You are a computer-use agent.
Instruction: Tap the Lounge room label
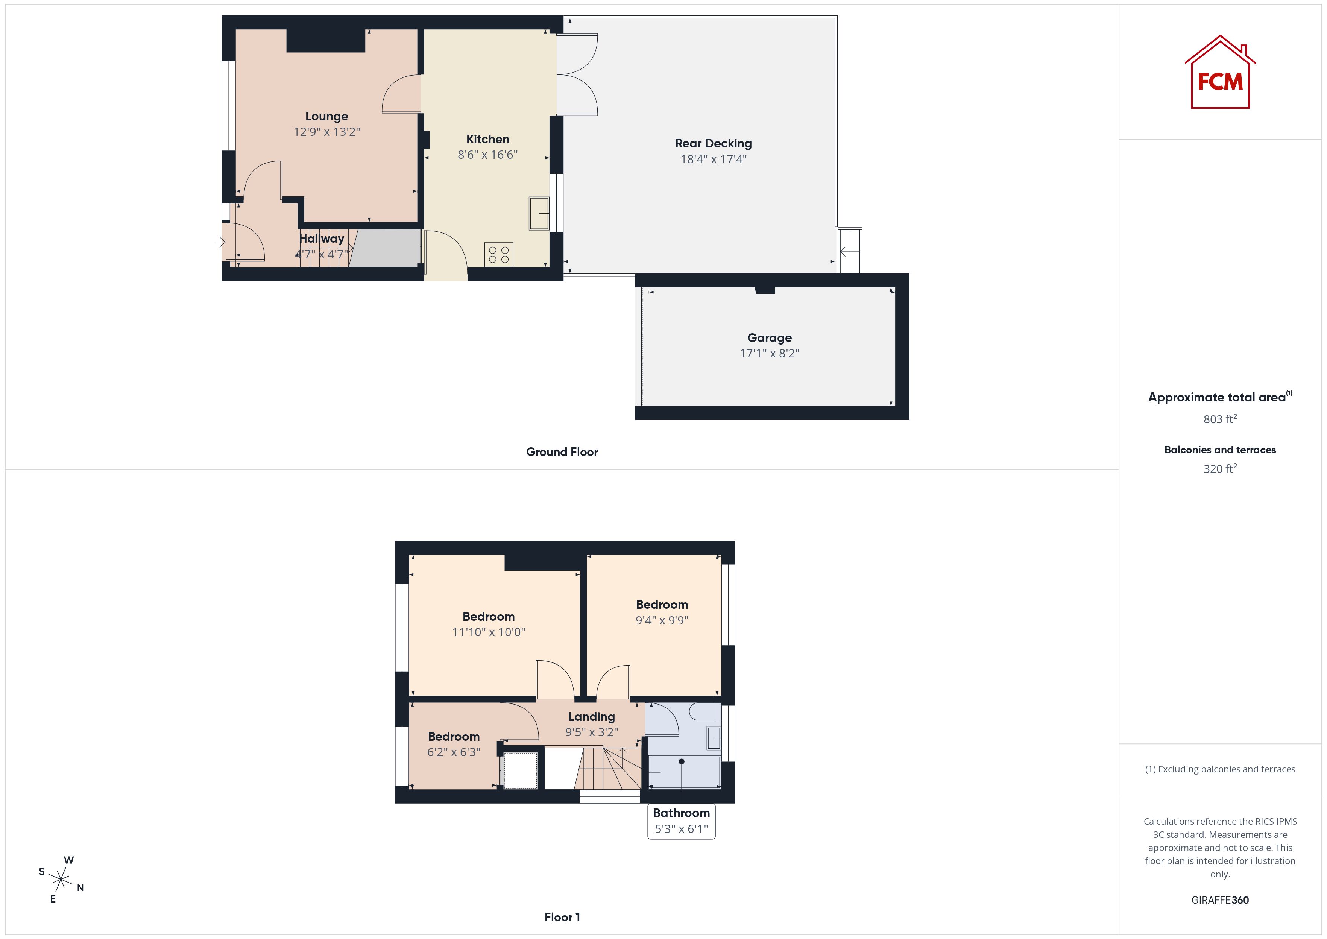326,116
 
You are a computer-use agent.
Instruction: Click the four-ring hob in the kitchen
498,254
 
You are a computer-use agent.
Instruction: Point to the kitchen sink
539,213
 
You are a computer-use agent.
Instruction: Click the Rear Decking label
713,143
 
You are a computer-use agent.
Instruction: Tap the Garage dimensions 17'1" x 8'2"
769,353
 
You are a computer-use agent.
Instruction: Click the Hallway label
321,238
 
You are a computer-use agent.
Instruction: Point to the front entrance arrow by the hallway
220,242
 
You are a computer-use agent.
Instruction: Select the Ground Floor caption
562,452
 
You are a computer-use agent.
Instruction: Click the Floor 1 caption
562,917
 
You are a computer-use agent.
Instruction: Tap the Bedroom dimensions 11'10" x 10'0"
488,632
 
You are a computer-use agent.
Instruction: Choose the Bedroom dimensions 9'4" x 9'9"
662,620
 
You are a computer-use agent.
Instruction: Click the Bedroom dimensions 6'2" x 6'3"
454,752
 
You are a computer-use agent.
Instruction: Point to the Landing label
591,717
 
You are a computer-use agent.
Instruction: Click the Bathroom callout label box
682,821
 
